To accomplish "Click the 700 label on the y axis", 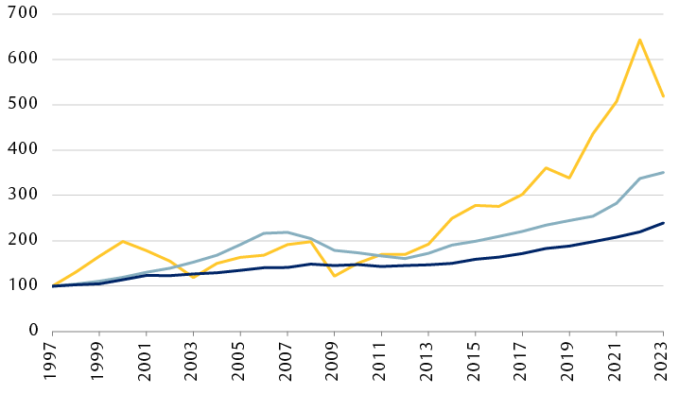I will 20,14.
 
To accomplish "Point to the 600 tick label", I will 20,60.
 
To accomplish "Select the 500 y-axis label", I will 20,105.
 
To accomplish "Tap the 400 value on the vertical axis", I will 20,150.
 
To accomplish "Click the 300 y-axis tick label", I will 20,196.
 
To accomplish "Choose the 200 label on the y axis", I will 20,241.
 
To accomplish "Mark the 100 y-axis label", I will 20,286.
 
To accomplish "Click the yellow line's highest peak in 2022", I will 640,40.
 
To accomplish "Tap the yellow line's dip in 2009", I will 335,276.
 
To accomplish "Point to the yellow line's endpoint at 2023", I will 663,96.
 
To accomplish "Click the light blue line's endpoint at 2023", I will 663,172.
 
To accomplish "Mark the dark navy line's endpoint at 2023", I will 663,223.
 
